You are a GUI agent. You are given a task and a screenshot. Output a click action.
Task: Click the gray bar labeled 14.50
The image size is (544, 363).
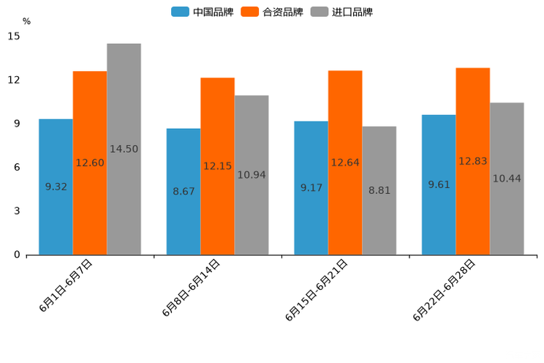[124, 149]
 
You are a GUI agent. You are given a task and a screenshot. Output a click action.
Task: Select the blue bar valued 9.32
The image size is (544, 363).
[56, 187]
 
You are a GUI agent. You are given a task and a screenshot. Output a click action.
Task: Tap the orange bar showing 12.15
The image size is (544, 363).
[217, 166]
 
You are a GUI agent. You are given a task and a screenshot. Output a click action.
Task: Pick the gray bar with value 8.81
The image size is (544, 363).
[379, 190]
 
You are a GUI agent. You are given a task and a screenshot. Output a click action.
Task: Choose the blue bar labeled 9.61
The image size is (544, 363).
[439, 184]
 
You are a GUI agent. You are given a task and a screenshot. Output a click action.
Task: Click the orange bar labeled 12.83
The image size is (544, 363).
[473, 161]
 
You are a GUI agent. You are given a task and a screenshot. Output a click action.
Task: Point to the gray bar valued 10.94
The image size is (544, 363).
[252, 175]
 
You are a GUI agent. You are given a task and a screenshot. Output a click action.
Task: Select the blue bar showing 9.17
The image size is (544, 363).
[311, 188]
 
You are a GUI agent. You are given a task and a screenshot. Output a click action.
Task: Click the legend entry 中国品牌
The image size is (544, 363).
[203, 12]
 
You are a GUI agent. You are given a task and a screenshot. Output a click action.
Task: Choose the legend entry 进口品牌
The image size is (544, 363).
[341, 12]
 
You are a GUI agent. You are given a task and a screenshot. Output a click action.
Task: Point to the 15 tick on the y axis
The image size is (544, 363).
[15, 36]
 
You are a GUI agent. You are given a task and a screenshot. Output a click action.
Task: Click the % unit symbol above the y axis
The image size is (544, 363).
[26, 21]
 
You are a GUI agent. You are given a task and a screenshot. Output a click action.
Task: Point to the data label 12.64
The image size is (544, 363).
[345, 162]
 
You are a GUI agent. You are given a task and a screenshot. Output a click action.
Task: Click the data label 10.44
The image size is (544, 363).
[507, 179]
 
